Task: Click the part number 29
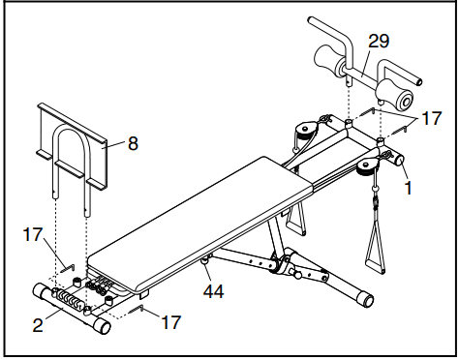[x=380, y=41]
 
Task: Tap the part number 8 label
[x=133, y=143]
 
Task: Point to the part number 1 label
[x=409, y=188]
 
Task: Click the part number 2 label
[x=38, y=326]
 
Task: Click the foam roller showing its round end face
[x=399, y=98]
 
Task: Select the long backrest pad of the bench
[x=194, y=208]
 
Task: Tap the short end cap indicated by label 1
[x=396, y=160]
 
